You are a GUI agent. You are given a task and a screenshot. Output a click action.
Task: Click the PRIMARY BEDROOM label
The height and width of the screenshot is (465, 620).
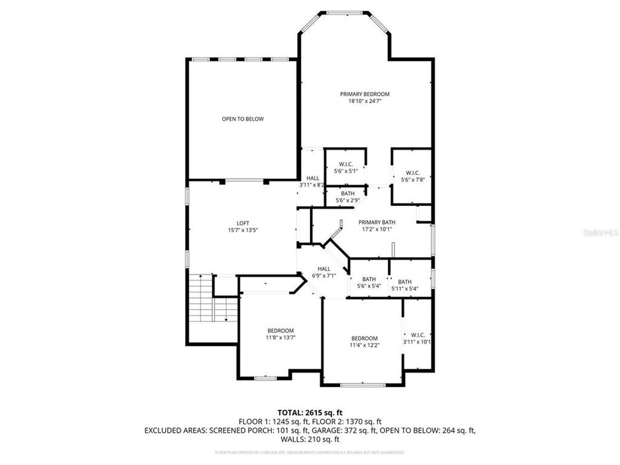pos(365,94)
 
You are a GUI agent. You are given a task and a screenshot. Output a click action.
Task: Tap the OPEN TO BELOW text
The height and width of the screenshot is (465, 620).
pos(243,119)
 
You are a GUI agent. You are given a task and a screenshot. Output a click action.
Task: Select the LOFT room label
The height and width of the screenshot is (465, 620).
pos(243,223)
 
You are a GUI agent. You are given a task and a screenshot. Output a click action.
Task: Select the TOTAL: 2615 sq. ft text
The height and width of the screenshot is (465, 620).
pos(310,411)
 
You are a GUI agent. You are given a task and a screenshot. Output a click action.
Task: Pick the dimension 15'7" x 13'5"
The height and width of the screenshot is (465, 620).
pos(243,231)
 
